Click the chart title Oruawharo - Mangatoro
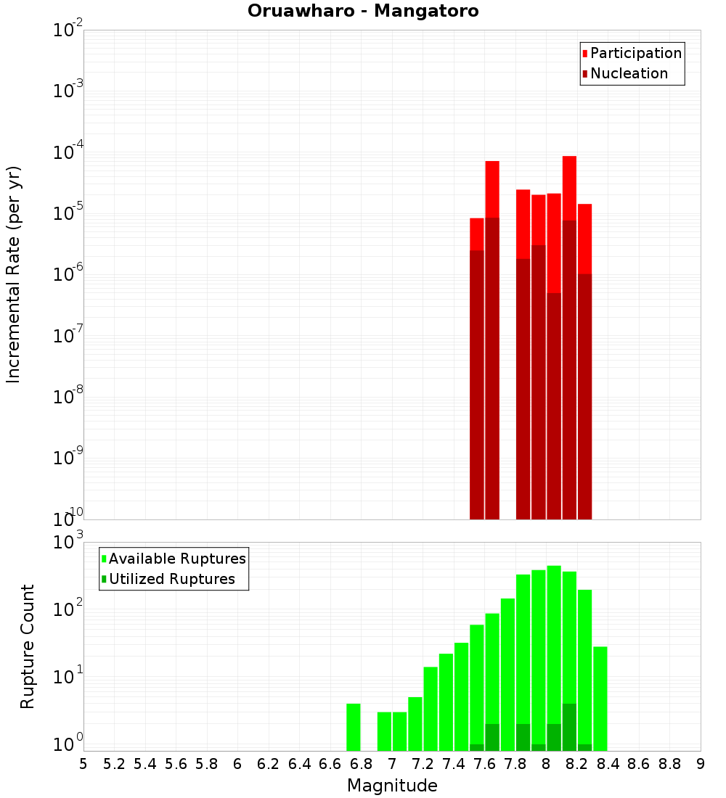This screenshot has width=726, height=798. point(363,12)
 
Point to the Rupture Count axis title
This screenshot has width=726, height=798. point(28,646)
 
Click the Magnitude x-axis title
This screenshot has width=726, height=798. point(392,786)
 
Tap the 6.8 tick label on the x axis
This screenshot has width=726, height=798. point(361,764)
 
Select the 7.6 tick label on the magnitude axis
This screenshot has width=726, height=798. point(484,764)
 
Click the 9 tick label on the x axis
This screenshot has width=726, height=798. point(701,764)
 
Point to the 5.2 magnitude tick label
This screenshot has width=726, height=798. point(114,764)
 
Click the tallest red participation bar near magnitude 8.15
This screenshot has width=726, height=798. point(569,189)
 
